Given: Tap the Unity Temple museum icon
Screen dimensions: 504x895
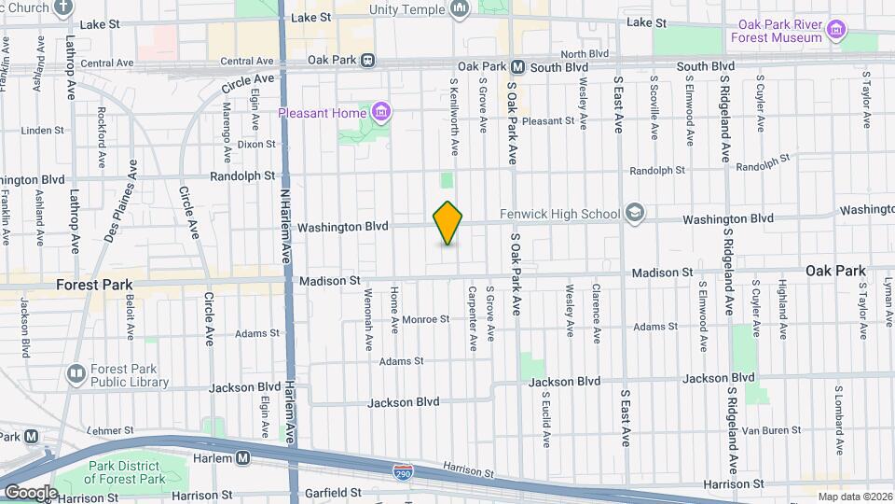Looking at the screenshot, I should (459, 9).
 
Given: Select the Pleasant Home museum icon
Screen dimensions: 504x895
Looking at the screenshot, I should (380, 114).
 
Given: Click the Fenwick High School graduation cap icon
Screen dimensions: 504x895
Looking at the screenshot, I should (635, 214).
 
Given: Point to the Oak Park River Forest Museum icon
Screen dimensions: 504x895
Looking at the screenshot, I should (835, 32).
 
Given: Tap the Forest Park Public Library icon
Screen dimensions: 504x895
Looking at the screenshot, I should (76, 374).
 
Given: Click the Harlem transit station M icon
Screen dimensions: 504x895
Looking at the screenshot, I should (243, 458).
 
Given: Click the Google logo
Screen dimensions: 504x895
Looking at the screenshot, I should (31, 492).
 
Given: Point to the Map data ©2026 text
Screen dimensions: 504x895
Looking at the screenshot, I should (853, 497).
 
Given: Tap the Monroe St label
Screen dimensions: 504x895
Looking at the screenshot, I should (426, 318).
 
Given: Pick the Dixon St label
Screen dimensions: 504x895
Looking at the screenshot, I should (256, 144).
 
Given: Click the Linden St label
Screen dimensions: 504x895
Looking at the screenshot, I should (40, 131).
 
